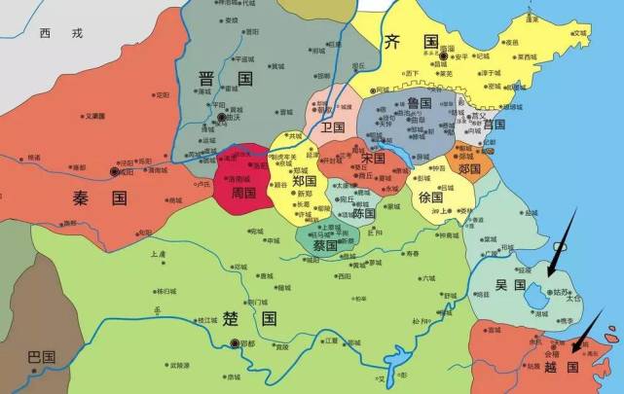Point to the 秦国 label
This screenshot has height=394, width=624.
[x=100, y=197]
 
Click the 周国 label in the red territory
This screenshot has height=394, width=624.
[x=242, y=193]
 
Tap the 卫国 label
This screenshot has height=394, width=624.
[x=333, y=126]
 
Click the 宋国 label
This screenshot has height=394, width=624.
[x=373, y=158]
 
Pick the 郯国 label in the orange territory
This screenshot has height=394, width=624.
[x=469, y=168]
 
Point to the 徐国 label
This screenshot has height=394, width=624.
[x=431, y=196]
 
